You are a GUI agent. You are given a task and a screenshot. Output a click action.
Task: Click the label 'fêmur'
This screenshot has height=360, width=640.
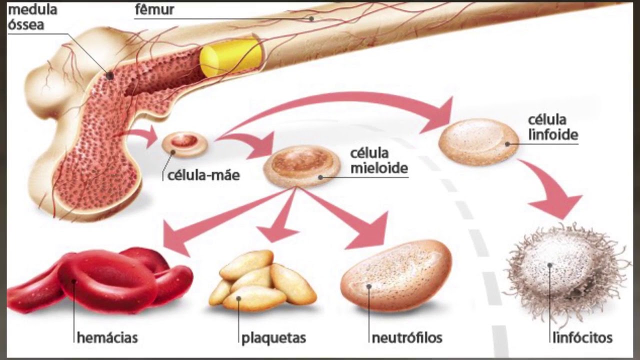154,9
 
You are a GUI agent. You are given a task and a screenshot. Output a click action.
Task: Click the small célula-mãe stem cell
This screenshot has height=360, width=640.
184,143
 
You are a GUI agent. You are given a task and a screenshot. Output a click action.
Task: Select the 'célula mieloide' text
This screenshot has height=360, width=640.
378,160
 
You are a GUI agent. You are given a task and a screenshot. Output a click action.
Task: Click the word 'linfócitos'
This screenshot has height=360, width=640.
582,337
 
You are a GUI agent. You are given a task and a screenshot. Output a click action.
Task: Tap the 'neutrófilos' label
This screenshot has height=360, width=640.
407,337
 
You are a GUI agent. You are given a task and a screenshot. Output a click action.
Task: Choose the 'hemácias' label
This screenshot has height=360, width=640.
107,337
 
